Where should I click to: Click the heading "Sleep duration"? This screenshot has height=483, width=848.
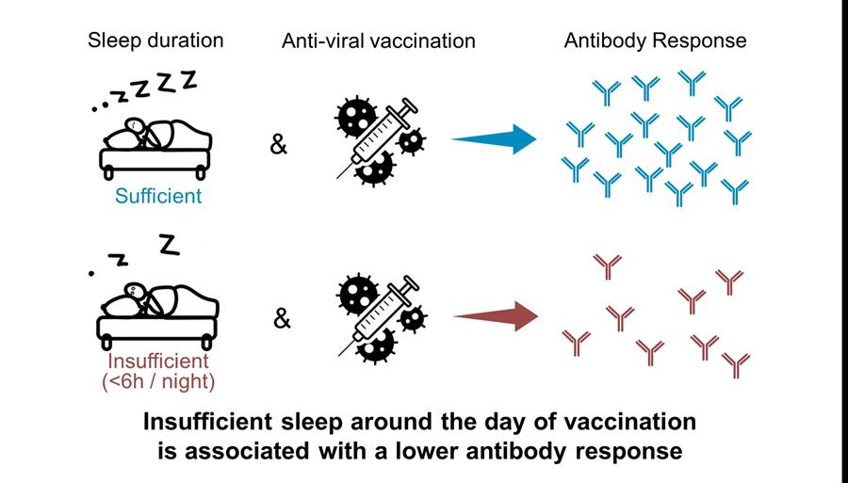click(155, 40)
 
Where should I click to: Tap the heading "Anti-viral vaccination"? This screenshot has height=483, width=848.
click(379, 41)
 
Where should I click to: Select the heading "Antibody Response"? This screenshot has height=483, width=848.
click(656, 41)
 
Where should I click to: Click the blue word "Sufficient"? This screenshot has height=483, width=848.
click(158, 196)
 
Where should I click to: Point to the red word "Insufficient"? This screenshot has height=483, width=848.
click(158, 361)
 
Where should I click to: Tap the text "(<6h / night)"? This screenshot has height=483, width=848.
click(158, 382)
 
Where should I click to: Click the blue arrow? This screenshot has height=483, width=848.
click(494, 139)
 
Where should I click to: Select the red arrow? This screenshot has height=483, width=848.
click(496, 316)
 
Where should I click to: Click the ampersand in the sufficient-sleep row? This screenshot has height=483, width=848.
click(279, 145)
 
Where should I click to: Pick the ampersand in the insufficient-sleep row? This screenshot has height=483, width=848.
click(282, 319)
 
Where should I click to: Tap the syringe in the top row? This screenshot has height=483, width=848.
click(379, 137)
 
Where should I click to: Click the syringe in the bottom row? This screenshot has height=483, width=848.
click(380, 315)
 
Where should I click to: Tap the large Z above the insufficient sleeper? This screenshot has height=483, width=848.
click(170, 245)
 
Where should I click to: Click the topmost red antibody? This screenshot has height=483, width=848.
click(608, 266)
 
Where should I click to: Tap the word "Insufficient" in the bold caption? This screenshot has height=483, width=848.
click(207, 422)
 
